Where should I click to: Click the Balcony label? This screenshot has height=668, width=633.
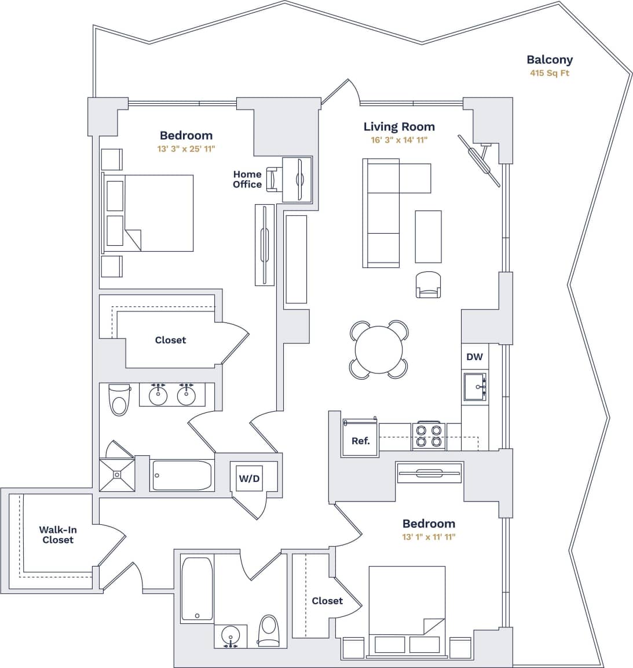pyautogui.click(x=549, y=59)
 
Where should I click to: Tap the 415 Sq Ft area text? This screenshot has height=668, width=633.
pyautogui.click(x=549, y=74)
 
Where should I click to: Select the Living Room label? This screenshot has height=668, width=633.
pyautogui.click(x=398, y=126)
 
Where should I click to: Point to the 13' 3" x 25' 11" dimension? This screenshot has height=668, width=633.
pyautogui.click(x=186, y=149)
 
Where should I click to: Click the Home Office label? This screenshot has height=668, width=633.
pyautogui.click(x=247, y=179)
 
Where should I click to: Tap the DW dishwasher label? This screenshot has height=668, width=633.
pyautogui.click(x=474, y=357)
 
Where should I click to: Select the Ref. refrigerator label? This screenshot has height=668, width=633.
pyautogui.click(x=360, y=441)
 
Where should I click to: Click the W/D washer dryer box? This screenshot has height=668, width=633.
pyautogui.click(x=249, y=478)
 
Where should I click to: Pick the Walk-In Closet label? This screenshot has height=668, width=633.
pyautogui.click(x=58, y=535)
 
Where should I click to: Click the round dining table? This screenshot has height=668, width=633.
pyautogui.click(x=379, y=350)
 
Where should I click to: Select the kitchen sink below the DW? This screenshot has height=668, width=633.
pyautogui.click(x=475, y=387)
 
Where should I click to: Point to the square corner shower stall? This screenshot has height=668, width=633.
pyautogui.click(x=118, y=475)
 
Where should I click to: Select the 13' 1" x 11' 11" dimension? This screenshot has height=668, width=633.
pyautogui.click(x=429, y=537)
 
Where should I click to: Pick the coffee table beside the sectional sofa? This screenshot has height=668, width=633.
pyautogui.click(x=428, y=236)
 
